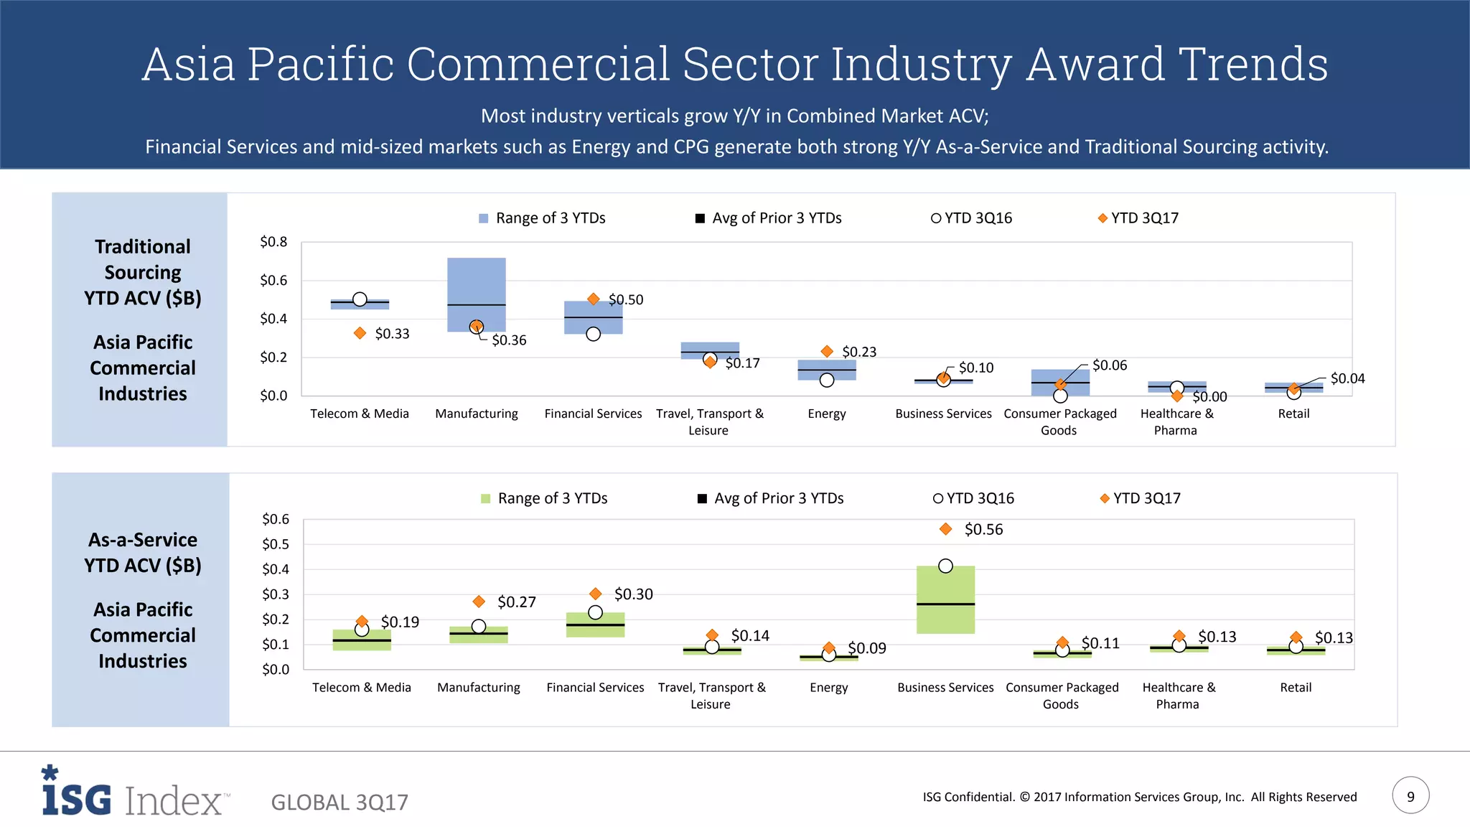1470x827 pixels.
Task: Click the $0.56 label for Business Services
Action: (983, 530)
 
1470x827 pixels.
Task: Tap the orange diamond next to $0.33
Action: (360, 333)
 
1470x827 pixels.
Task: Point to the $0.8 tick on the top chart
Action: (273, 242)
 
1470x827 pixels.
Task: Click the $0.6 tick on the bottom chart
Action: (276, 519)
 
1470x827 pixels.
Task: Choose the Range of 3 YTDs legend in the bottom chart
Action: (544, 498)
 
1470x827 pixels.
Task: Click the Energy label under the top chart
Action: (827, 414)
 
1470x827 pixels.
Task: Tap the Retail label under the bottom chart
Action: (1296, 688)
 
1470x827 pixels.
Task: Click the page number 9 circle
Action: (1410, 795)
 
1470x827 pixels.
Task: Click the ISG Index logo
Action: (135, 793)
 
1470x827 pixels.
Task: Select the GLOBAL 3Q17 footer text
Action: (340, 803)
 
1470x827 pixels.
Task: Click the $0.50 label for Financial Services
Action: (626, 300)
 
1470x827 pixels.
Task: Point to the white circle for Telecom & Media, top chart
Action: (360, 299)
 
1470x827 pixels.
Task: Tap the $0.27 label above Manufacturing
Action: (516, 602)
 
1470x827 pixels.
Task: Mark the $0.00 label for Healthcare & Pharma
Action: (1209, 397)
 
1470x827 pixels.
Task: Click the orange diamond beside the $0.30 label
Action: (595, 594)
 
